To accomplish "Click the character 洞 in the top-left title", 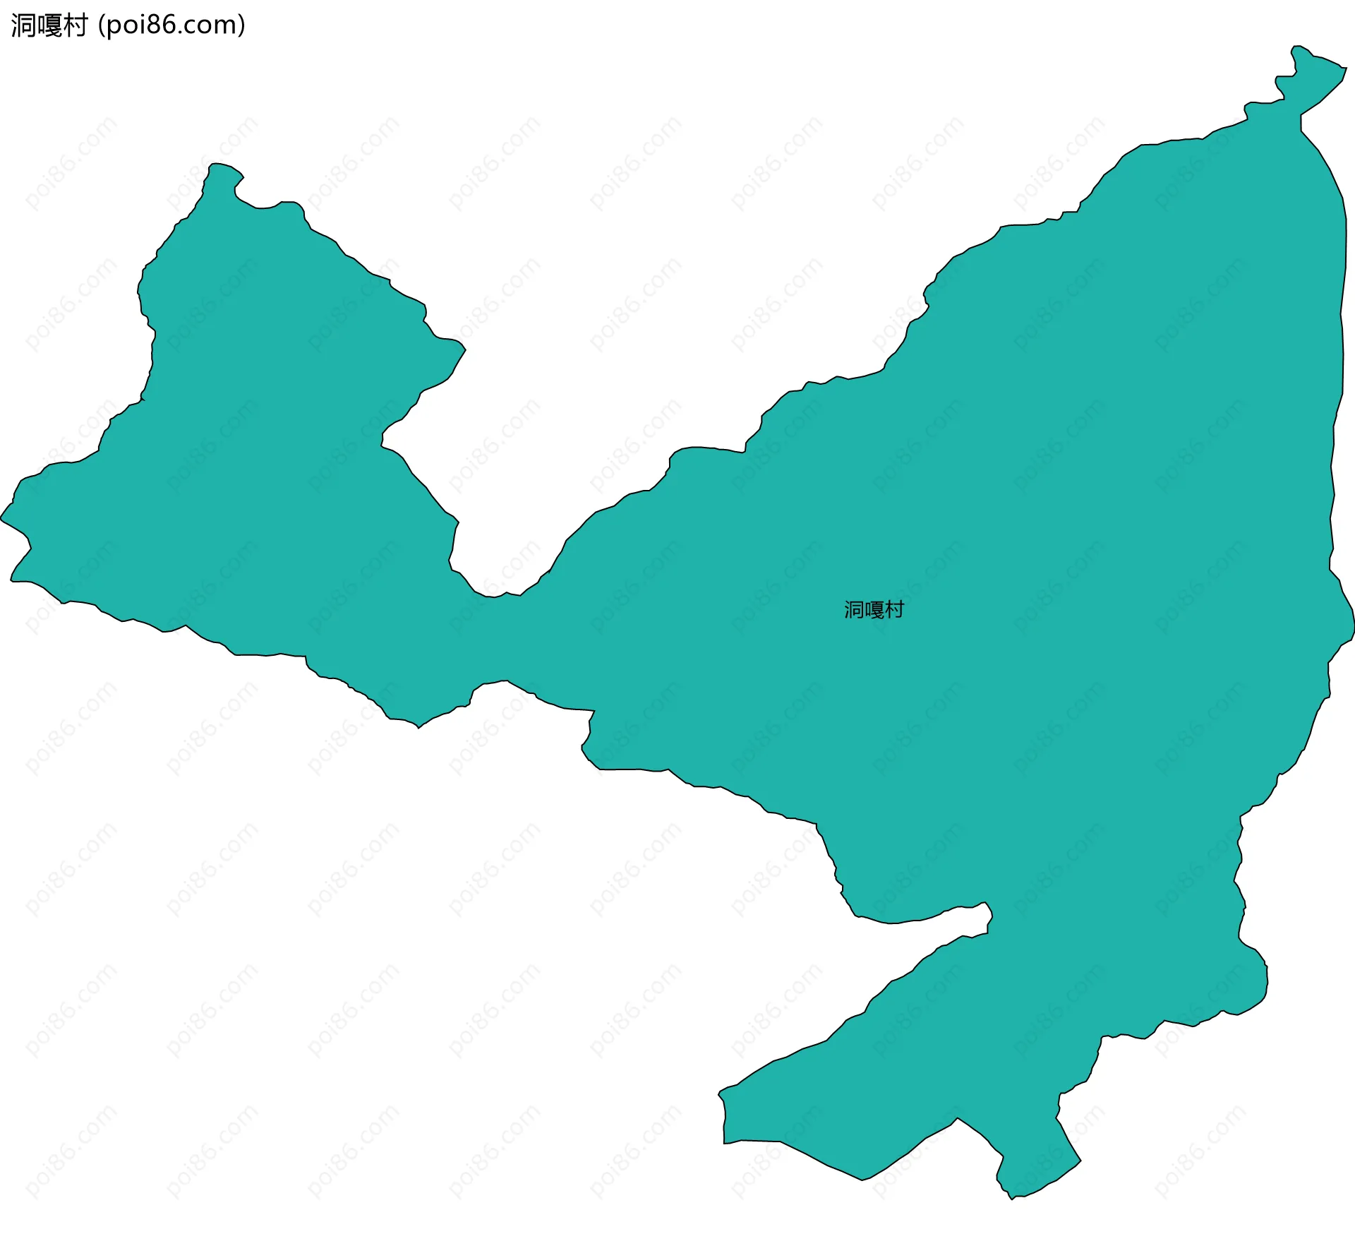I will point(23,25).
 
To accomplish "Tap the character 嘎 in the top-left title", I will point(49,25).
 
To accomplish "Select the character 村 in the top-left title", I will point(74,25).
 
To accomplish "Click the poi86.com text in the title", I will point(171,25).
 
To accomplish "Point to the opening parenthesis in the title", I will point(102,25).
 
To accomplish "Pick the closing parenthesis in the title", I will point(242,25).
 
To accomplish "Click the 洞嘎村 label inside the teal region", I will point(874,609).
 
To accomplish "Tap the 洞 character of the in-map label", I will point(854,609).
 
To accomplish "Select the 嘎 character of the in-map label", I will point(874,609).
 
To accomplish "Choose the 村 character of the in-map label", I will point(894,609).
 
